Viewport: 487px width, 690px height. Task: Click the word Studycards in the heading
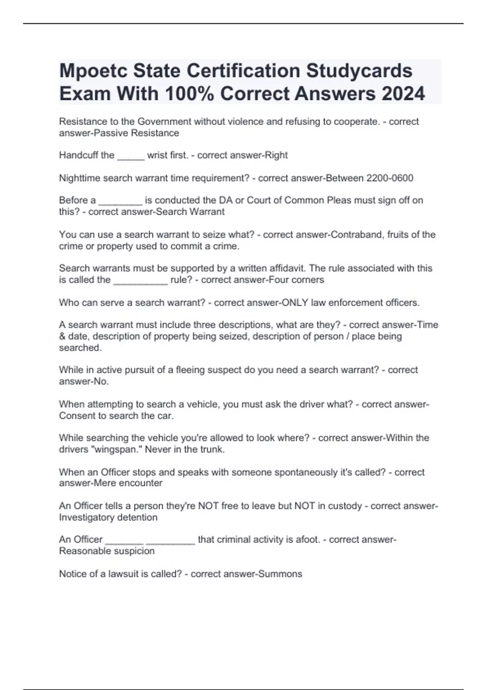click(x=359, y=71)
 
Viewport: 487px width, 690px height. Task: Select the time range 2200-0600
click(x=390, y=178)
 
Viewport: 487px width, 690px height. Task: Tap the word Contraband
click(x=358, y=235)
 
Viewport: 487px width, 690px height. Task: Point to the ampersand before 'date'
click(x=62, y=336)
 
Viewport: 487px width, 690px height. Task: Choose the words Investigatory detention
click(x=108, y=517)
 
